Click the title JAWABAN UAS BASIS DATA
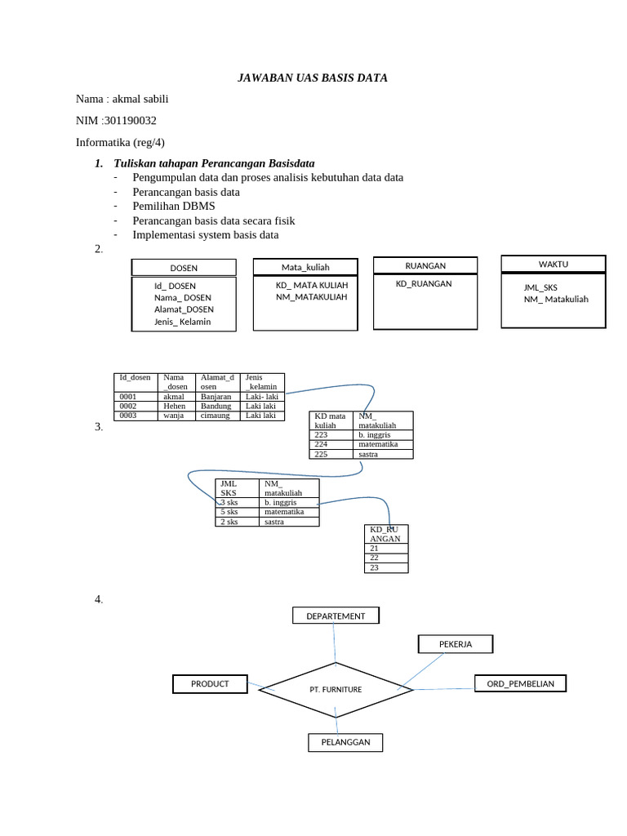coord(312,78)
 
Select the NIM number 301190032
coord(130,121)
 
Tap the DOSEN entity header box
coord(184,268)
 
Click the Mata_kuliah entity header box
coord(305,267)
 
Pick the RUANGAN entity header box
coord(425,265)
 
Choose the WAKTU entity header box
coord(553,264)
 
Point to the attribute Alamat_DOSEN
coord(184,309)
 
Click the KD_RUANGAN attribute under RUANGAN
coord(424,284)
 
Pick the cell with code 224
coord(321,444)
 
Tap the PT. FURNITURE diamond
coord(336,690)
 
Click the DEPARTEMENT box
coord(336,616)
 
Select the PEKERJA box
coord(456,644)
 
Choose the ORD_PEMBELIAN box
coord(520,683)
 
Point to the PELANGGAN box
coord(345,742)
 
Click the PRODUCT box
coord(210,683)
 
